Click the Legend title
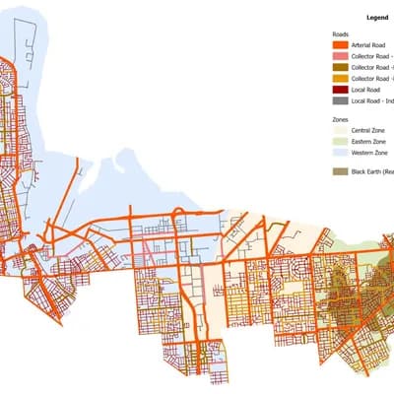click(x=377, y=17)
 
